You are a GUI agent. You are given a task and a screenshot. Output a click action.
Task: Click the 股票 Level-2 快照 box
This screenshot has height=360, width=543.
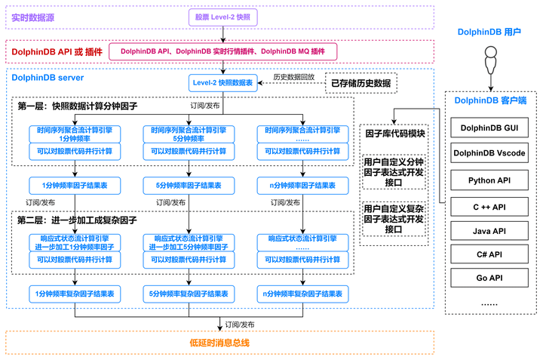[x=222, y=15]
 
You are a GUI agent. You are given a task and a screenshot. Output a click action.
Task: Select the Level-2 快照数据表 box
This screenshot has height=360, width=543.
[x=222, y=84]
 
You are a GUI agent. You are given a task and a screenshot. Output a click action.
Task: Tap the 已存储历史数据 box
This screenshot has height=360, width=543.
[x=360, y=83]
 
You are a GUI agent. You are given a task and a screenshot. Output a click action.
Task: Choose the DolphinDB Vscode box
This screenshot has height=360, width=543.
[x=489, y=153]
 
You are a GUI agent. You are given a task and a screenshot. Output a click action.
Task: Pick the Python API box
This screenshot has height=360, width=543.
[x=489, y=180]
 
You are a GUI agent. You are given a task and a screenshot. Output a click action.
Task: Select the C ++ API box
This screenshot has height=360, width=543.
[x=489, y=206]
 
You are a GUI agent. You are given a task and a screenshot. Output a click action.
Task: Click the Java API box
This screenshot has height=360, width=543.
[x=489, y=231]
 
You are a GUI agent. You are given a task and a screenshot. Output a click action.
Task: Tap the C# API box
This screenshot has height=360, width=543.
[x=489, y=254]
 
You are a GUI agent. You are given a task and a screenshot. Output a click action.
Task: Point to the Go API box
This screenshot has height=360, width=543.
[x=489, y=278]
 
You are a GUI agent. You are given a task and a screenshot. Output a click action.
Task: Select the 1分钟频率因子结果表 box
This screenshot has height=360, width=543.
[x=73, y=185]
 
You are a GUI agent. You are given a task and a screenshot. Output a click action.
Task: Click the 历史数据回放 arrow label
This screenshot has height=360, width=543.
[x=293, y=77]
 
